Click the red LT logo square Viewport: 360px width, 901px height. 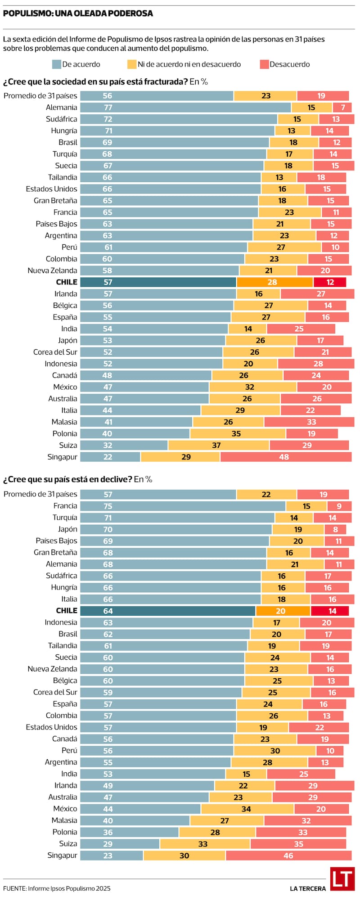pos(342,879)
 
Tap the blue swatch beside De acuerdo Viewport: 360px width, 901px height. pos(56,64)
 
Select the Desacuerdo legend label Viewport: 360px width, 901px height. pos(289,64)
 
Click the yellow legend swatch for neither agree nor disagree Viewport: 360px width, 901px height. pos(131,64)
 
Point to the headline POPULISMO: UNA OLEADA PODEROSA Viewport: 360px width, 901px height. pos(78,14)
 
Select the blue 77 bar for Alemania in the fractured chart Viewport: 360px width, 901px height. pos(185,108)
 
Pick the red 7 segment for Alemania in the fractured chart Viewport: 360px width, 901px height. pos(342,108)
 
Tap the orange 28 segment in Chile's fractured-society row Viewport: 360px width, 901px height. pos(274,282)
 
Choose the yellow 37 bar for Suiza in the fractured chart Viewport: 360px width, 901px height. pos(219,445)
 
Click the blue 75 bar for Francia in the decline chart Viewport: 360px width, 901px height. pos(183,506)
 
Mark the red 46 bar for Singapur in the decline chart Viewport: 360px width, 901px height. pos(288,856)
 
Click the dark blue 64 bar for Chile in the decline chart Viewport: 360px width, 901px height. pos(167,611)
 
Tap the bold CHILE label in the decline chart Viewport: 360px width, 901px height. pos(67,611)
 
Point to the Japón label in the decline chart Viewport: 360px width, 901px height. pos(67,529)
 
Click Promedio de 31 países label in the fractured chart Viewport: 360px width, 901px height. pos(40,96)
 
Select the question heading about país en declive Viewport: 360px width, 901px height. pos(77,479)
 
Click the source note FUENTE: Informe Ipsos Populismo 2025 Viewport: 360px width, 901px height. pos(57,888)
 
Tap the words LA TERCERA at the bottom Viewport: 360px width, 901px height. pos(308,888)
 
